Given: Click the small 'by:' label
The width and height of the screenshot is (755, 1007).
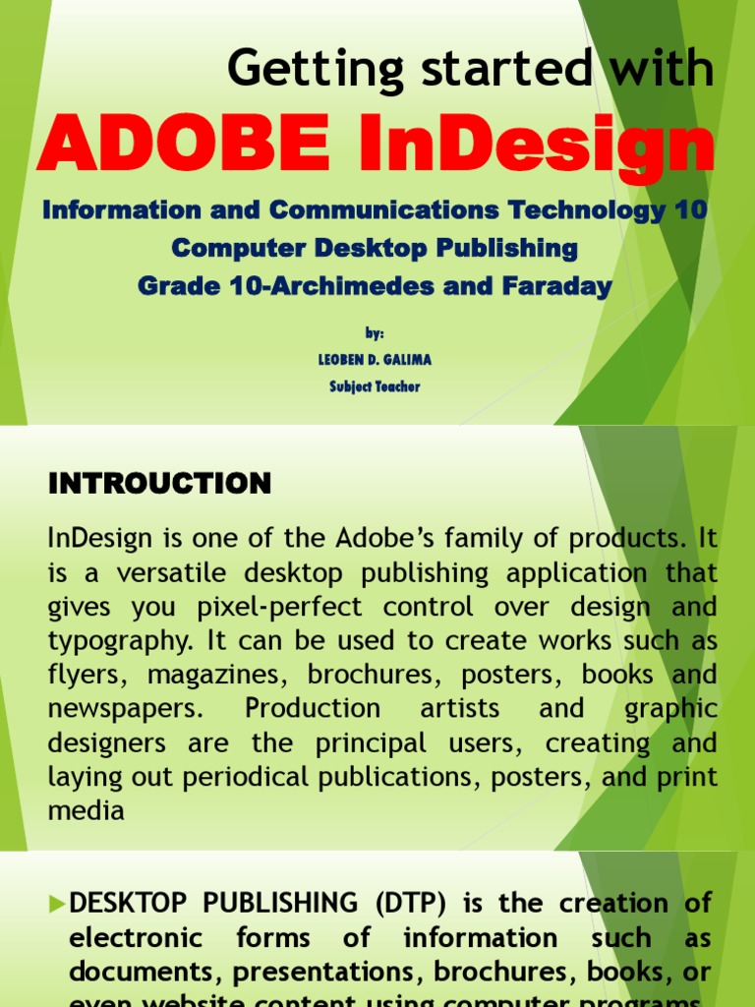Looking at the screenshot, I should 376,334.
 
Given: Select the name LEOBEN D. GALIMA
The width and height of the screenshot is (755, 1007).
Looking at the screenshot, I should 376,360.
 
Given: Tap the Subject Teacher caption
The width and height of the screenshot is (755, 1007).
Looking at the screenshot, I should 376,386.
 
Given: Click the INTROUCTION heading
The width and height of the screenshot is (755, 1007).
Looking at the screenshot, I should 159,484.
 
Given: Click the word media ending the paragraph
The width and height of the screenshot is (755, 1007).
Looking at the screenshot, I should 87,810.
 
